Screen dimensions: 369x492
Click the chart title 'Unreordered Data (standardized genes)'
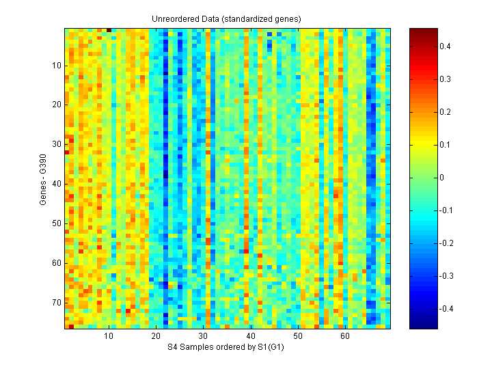point(226,18)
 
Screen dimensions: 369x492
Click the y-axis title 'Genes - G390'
point(44,179)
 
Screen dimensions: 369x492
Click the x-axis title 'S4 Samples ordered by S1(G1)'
point(226,348)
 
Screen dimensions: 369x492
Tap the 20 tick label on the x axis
point(156,337)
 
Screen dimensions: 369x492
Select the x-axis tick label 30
point(204,337)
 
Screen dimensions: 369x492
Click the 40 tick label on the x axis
point(251,337)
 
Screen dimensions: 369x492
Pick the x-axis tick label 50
point(298,337)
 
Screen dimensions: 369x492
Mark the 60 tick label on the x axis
point(345,337)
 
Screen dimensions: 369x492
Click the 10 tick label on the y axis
point(57,66)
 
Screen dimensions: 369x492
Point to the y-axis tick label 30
point(57,145)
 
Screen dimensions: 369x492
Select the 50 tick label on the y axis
point(57,223)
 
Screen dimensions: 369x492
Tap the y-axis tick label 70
point(57,303)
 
